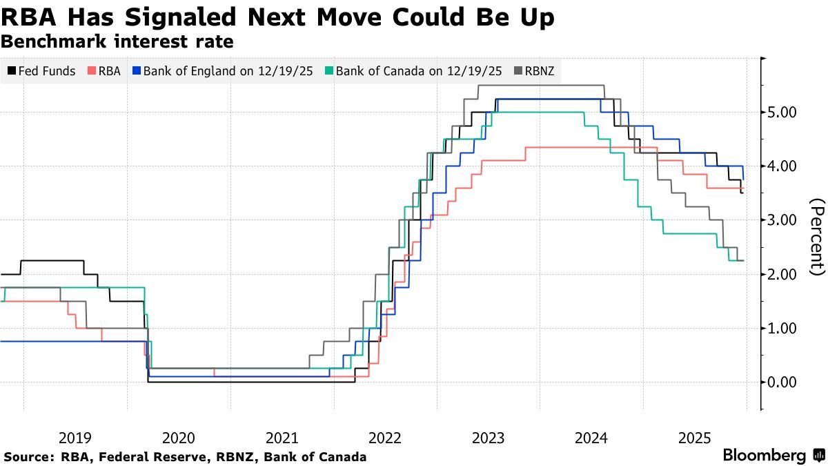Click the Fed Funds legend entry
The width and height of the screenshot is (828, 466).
coord(42,70)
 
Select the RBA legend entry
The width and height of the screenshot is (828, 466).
coord(104,70)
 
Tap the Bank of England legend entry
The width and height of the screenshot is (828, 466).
coord(222,70)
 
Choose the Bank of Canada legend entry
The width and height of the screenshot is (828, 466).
coord(413,70)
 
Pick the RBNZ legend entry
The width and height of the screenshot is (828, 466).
coord(534,70)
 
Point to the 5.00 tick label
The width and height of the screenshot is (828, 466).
coord(782,112)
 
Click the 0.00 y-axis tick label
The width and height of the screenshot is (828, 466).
coord(782,382)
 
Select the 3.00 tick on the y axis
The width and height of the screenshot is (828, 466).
coord(782,220)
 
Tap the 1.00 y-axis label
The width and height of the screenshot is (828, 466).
coord(782,328)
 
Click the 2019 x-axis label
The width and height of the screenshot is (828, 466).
coord(75,438)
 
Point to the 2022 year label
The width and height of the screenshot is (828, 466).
coord(385,438)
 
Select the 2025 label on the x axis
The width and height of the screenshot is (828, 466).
coord(695,438)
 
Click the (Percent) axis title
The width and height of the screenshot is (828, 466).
coord(816,237)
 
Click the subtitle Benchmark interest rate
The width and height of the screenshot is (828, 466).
coord(117,41)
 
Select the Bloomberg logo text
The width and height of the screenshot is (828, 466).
coord(765,455)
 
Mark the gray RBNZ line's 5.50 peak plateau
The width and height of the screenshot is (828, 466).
coord(541,86)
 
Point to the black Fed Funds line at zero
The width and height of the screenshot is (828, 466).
coord(251,382)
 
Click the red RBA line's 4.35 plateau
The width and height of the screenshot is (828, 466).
coord(591,148)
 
